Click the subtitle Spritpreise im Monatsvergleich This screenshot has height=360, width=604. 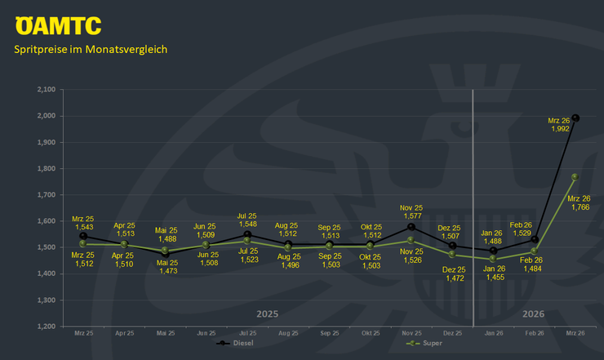tap(91, 49)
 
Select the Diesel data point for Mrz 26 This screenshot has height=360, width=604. tap(575, 118)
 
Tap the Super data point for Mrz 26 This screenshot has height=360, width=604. tap(575, 176)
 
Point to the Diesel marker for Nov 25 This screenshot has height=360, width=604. tap(411, 227)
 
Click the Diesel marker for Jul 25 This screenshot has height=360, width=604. tap(246, 234)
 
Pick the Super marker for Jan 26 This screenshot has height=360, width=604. tap(493, 259)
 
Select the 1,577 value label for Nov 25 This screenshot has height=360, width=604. tap(411, 216)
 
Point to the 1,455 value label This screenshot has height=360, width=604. tap(493, 278)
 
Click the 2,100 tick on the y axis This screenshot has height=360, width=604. tap(47, 89)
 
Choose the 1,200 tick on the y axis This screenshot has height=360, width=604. tap(47, 327)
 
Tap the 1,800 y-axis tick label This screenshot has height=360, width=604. tap(47, 168)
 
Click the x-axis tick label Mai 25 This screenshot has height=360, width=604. tap(165, 334)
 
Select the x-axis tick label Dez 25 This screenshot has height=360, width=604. tap(451, 334)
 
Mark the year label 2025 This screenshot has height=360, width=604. tap(267, 313)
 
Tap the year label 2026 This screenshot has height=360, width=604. tap(534, 313)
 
